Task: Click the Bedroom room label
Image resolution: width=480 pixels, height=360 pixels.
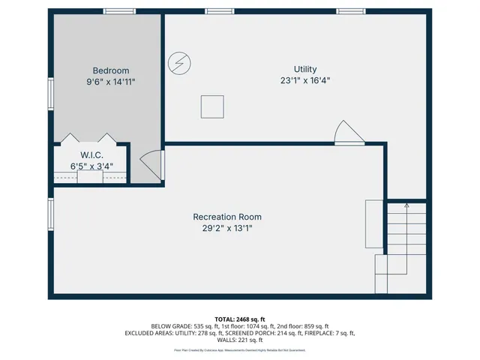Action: point(111,70)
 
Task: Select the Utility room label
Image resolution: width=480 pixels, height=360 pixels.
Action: point(304,68)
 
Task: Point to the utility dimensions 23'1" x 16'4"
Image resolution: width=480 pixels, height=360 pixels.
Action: point(304,80)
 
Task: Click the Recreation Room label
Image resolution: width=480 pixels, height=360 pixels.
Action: point(227,217)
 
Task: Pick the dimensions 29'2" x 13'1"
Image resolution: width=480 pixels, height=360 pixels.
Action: point(227,229)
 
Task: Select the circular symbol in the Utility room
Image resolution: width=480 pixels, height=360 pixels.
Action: point(179,63)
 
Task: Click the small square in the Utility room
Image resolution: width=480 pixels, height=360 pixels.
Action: point(212,107)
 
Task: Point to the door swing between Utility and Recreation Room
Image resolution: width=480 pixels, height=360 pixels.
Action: point(346,133)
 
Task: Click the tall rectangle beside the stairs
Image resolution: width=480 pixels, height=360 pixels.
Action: point(373,223)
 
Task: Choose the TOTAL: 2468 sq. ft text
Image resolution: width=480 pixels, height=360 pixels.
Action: point(240,319)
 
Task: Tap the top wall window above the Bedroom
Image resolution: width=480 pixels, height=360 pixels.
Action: point(119,11)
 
